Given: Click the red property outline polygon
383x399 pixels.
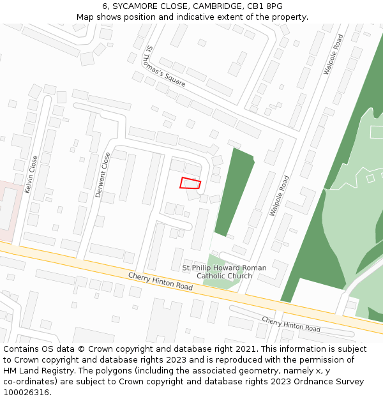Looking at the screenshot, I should point(190,183).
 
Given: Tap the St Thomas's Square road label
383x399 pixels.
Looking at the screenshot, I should point(165,66).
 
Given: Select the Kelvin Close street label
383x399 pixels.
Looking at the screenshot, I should point(31,174).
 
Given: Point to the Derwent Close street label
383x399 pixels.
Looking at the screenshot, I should point(102,174).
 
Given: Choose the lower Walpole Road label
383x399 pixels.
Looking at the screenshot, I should point(279,195).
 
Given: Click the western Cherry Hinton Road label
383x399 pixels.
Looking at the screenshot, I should point(160,282).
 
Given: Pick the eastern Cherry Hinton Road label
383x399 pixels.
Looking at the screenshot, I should point(290,324).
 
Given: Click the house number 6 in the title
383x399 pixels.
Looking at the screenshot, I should point(104,6).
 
